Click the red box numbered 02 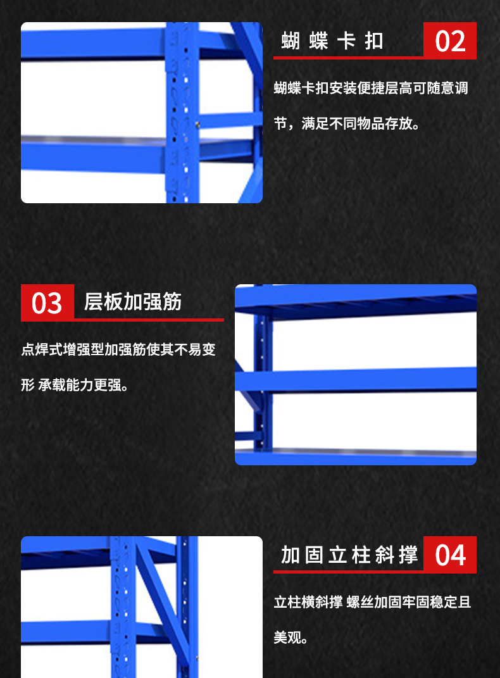(x=450, y=41)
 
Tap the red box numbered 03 (x=47, y=303)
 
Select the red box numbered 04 (x=450, y=555)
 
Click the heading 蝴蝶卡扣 (x=332, y=41)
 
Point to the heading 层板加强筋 (x=133, y=302)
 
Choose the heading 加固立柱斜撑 (x=349, y=555)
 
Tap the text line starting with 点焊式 (x=118, y=349)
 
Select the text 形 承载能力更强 (x=75, y=385)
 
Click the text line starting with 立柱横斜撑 (x=372, y=602)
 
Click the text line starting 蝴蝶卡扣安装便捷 (x=371, y=88)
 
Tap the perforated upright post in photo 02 (x=182, y=113)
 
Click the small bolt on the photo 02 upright (x=197, y=125)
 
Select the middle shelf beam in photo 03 (x=356, y=380)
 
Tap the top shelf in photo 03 (x=356, y=301)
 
